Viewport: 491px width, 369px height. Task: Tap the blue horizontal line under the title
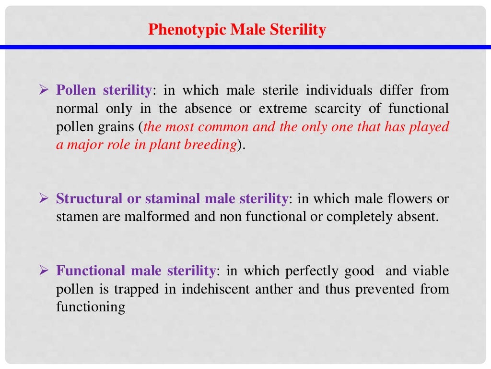click(x=245, y=47)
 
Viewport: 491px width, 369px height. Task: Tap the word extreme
click(x=282, y=109)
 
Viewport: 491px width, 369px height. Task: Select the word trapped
click(x=140, y=289)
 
